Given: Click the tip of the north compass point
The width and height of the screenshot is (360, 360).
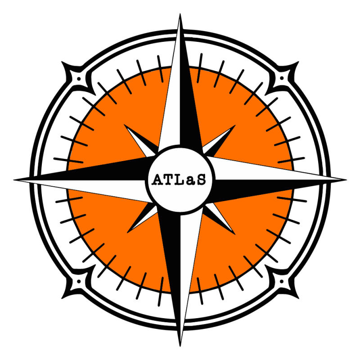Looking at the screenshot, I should [180, 20].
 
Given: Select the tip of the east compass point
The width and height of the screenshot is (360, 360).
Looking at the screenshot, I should [340, 180].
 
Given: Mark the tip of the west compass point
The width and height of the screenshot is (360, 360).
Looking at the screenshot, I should [20, 181].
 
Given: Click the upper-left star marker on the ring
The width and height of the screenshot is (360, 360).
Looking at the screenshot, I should [79, 79].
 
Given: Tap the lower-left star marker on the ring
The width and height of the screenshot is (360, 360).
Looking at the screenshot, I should [79, 282].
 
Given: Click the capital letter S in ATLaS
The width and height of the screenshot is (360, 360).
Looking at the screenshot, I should [201, 180].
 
